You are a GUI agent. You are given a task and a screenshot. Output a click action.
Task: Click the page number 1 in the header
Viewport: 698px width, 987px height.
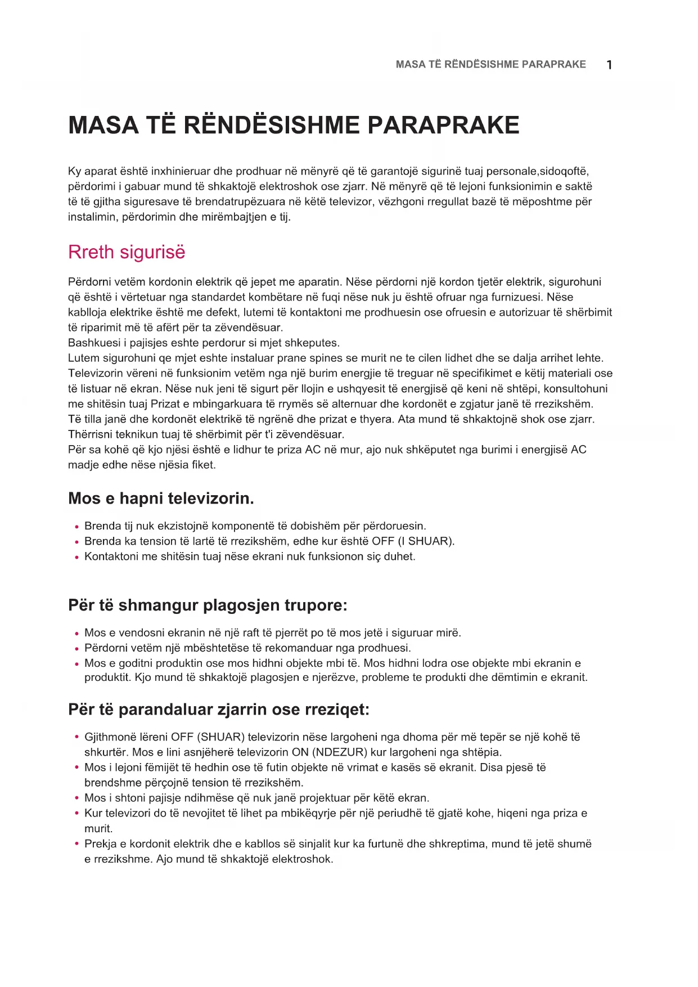coord(609,65)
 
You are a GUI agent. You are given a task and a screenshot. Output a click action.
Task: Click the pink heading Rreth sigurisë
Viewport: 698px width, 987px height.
coord(127,252)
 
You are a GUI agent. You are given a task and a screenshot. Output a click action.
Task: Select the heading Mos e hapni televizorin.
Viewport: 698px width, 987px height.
coord(161,498)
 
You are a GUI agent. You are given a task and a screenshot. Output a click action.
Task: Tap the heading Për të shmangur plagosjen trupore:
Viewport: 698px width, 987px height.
coord(208,605)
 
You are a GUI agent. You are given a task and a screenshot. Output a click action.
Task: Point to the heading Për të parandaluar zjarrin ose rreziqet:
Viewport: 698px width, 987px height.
coord(219,709)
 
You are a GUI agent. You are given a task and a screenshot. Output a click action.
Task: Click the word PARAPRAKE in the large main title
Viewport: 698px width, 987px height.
coord(443,125)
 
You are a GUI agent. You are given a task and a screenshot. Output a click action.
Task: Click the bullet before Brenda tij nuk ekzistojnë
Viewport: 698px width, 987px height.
coord(76,527)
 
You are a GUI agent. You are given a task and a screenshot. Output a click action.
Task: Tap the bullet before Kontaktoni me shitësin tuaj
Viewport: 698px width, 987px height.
coord(76,557)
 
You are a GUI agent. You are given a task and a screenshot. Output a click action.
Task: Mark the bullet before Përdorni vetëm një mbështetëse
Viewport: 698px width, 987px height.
coord(76,648)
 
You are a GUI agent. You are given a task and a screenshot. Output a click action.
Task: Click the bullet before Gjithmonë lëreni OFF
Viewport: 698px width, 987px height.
coord(76,737)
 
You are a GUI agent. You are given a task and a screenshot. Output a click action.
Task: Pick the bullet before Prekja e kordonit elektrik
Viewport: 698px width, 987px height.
coord(76,844)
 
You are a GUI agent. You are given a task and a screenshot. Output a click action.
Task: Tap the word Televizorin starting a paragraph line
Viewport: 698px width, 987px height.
coord(96,373)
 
